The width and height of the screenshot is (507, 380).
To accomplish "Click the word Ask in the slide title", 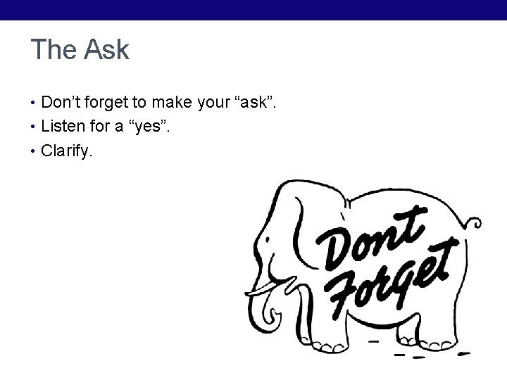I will (106, 50).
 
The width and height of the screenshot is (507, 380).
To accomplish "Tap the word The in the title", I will (55, 50).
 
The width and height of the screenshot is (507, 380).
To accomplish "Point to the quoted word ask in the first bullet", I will (251, 103).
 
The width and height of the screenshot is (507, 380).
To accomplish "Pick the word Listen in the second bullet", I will (63, 127).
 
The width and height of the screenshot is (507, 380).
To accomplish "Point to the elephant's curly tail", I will (474, 224).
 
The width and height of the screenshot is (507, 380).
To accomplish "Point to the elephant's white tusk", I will (275, 288).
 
